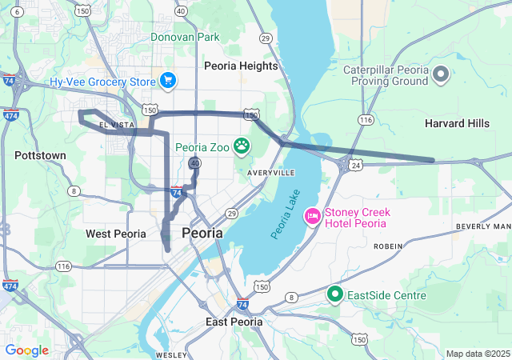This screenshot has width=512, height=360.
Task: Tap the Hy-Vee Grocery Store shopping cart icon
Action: coord(167,80)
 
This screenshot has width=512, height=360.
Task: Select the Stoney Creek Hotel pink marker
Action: coord(312,216)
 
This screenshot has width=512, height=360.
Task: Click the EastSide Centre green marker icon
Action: coord(335,295)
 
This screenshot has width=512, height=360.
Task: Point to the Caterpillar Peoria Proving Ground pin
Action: coord(441,76)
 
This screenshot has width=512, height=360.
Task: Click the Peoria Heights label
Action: coord(241,66)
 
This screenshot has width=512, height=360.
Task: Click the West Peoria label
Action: coord(116,234)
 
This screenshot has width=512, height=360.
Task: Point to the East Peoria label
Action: coord(234,322)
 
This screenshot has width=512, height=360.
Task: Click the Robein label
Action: coord(388,246)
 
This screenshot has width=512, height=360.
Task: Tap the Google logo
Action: coord(26,350)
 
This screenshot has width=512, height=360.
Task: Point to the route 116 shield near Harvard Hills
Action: coord(366,119)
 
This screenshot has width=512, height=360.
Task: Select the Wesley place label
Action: coord(171,354)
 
